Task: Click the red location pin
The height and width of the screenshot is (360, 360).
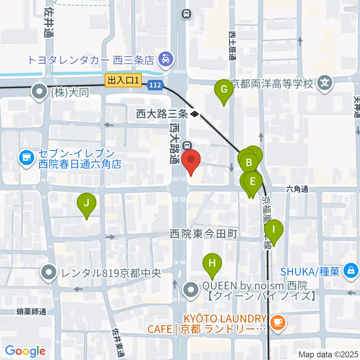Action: [x=191, y=159]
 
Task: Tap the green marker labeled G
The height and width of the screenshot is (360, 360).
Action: [x=224, y=90]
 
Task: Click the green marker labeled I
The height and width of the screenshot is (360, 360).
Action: [x=274, y=229]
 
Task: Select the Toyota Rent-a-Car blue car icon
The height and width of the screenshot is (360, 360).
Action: [x=165, y=59]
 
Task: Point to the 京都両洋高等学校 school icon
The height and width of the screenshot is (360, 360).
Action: [x=325, y=83]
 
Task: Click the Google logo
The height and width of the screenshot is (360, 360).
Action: [x=25, y=351]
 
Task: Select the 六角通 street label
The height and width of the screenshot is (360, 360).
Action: [x=297, y=189]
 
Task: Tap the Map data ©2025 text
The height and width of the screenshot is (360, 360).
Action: [x=328, y=354]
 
